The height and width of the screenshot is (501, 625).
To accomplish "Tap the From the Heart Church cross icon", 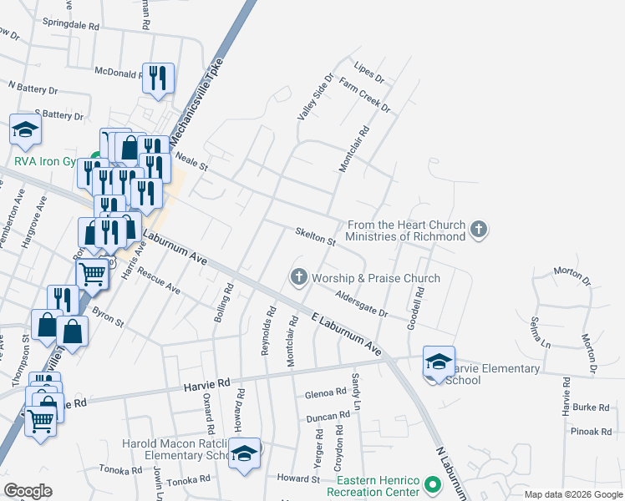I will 479,229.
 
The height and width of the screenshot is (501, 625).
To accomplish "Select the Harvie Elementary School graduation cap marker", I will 438,362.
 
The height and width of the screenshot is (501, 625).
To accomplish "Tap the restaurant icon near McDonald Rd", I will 158,78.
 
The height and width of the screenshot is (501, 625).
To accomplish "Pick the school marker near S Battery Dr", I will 26,129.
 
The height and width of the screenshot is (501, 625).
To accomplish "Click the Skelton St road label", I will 315,235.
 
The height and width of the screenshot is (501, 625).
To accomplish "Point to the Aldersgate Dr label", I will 362,304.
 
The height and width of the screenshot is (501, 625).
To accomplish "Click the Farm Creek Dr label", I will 364,95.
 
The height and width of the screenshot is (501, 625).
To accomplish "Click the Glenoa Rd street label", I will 326,392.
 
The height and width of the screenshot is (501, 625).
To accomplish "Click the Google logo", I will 28,491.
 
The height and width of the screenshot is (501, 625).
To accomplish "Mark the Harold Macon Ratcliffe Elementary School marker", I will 244,454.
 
